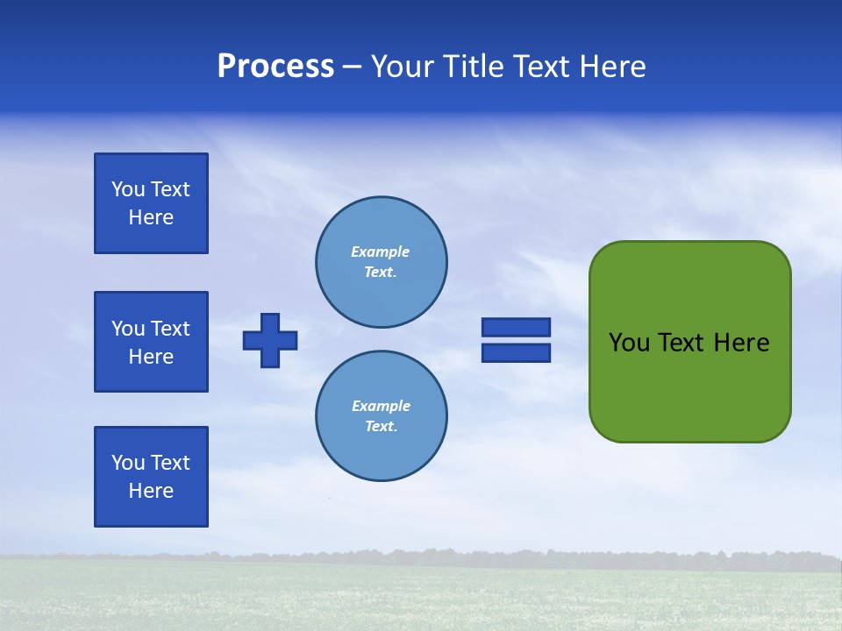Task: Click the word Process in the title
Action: (275, 67)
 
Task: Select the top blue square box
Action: (151, 203)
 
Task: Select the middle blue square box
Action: (151, 342)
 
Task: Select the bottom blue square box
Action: (151, 477)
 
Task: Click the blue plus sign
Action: (270, 340)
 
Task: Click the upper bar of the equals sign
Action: (516, 327)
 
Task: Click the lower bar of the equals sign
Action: (516, 352)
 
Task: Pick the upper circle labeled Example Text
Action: (381, 262)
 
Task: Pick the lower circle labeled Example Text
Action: (381, 416)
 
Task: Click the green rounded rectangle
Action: (689, 386)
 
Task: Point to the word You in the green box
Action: (628, 343)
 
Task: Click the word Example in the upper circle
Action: (381, 252)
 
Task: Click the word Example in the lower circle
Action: (381, 406)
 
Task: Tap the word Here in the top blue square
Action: (151, 217)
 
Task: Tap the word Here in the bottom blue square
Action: (151, 491)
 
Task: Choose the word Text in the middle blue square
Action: (170, 329)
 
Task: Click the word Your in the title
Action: (401, 67)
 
